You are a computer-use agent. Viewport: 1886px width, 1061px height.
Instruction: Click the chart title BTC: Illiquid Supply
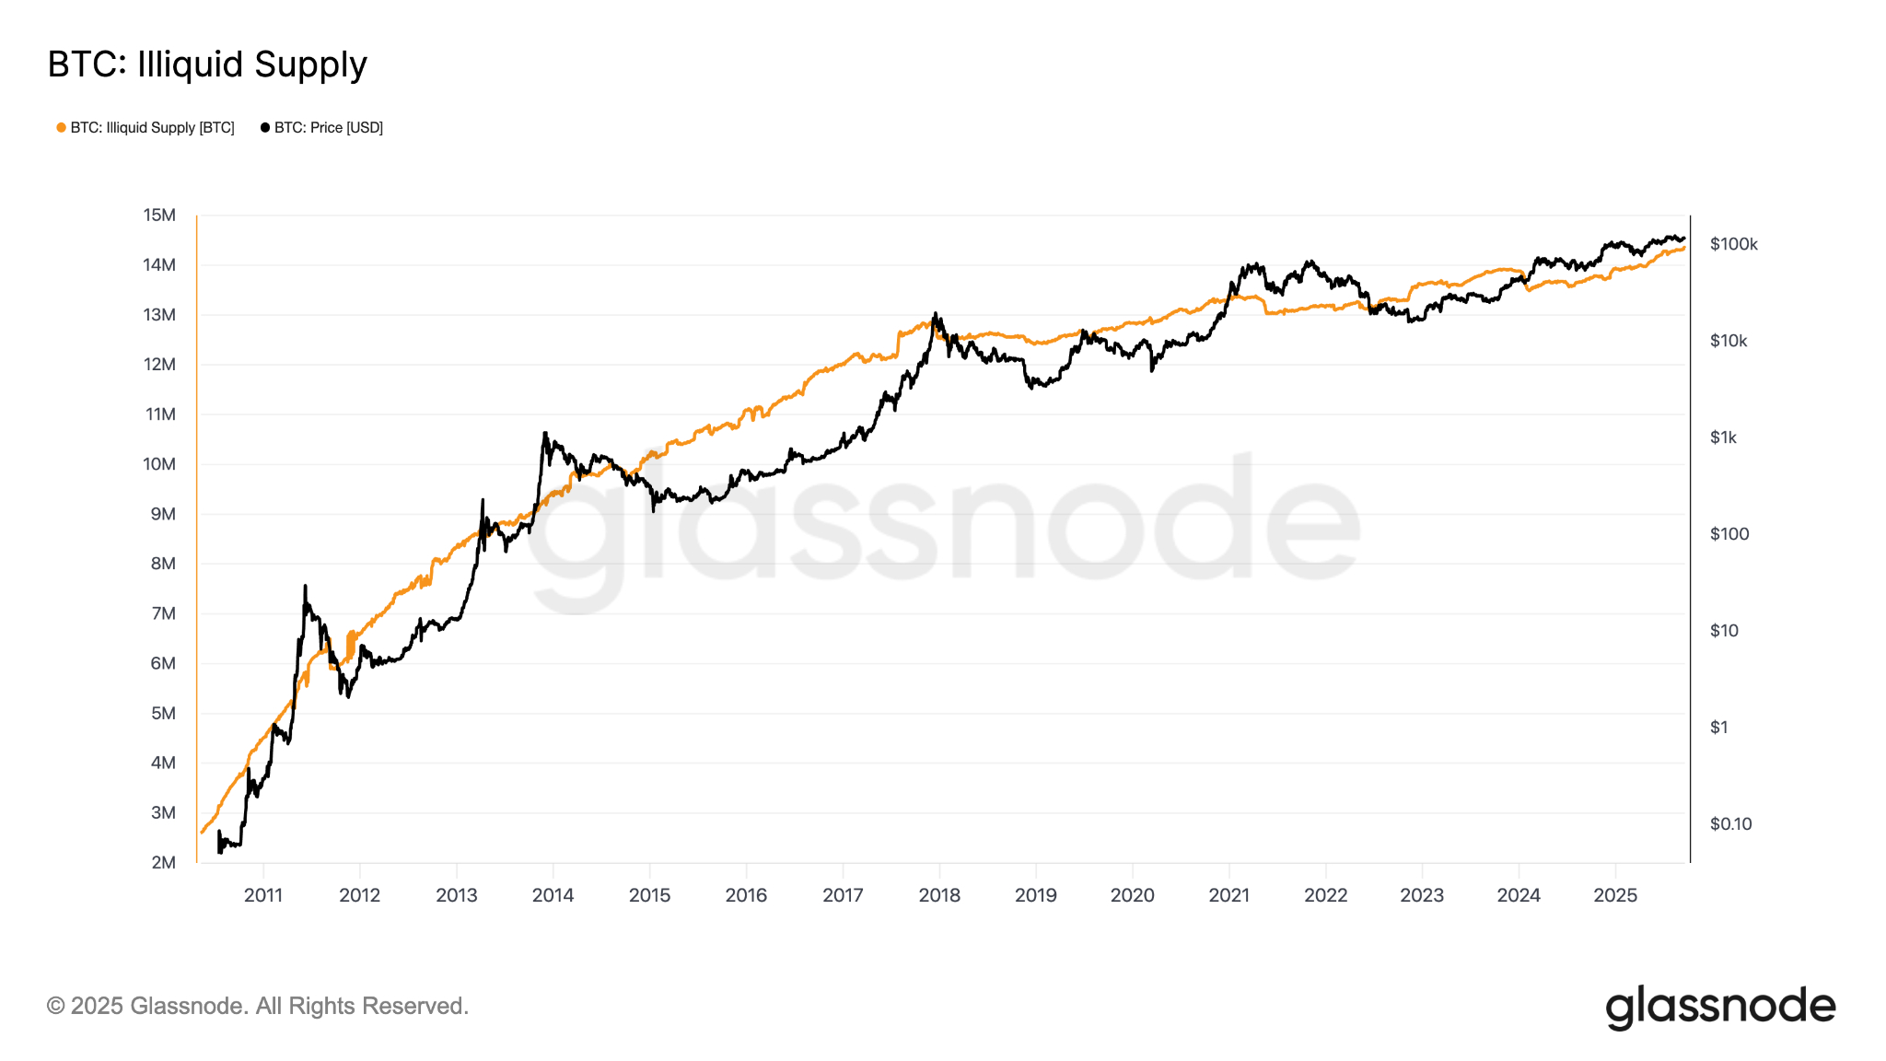pos(207,64)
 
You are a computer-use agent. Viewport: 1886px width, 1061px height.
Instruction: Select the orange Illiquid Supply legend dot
pos(61,128)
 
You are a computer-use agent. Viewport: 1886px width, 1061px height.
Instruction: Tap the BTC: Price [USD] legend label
pos(328,128)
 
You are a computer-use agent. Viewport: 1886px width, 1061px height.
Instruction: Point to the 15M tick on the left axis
pos(159,216)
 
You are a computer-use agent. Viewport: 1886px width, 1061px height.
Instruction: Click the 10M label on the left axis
pos(159,464)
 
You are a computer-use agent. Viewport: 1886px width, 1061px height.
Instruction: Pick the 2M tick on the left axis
pos(163,863)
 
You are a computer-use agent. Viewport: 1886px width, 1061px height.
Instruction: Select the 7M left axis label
pos(163,613)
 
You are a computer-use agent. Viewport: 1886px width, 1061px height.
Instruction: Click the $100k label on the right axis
pos(1733,244)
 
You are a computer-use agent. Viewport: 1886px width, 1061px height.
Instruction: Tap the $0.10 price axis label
pos(1730,824)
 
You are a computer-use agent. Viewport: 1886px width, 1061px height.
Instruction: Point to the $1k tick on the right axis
pos(1723,437)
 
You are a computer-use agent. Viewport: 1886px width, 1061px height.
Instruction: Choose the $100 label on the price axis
pos(1729,534)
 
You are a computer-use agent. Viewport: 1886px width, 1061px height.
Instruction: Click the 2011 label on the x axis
pos(263,895)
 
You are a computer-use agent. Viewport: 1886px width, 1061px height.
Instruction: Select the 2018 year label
pos(939,895)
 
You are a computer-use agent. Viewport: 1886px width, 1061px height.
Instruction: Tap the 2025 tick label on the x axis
pos(1615,895)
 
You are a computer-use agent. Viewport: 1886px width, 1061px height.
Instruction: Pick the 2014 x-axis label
pos(553,895)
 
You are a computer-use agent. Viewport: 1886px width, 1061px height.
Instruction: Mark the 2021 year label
pos(1228,895)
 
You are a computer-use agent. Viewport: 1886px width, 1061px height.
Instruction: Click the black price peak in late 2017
pos(936,314)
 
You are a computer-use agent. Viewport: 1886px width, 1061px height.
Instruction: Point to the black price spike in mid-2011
pos(305,587)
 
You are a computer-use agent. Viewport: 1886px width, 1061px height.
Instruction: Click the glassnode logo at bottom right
pos(1720,1007)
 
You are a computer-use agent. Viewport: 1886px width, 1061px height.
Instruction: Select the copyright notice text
pos(258,1006)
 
